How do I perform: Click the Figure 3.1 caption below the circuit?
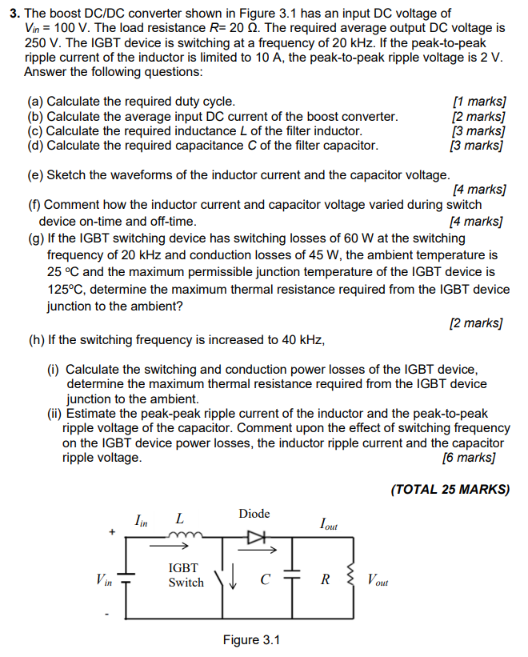[x=252, y=640]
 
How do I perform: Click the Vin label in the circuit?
[x=104, y=579]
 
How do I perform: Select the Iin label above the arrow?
[x=141, y=521]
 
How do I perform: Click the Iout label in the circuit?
[x=328, y=526]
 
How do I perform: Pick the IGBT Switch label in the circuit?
[x=186, y=575]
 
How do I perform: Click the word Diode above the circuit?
[x=254, y=514]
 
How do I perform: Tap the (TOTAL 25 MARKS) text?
[x=450, y=489]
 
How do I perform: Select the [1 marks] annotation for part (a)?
[x=479, y=102]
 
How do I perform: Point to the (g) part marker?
[x=36, y=238]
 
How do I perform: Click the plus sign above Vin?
[x=113, y=531]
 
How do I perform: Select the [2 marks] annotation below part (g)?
[x=477, y=323]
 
